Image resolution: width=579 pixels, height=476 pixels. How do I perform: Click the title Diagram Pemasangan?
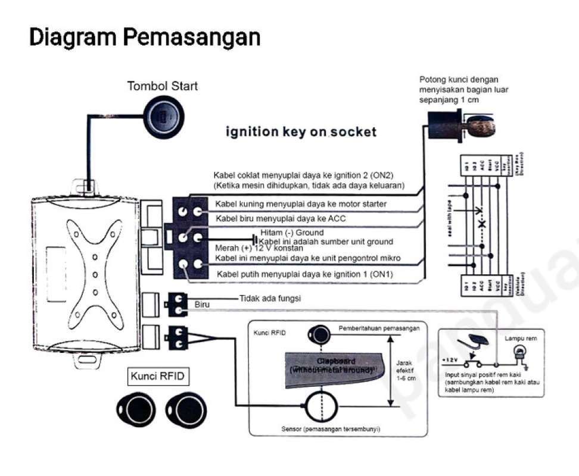145,37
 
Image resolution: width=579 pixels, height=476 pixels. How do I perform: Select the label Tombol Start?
163,86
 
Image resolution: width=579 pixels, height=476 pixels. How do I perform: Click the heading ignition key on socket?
301,132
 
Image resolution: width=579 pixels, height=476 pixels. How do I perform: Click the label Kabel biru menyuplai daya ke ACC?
280,218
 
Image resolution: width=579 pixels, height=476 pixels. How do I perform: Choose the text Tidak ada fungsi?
270,298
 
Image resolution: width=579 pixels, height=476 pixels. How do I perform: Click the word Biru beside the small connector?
203,305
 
